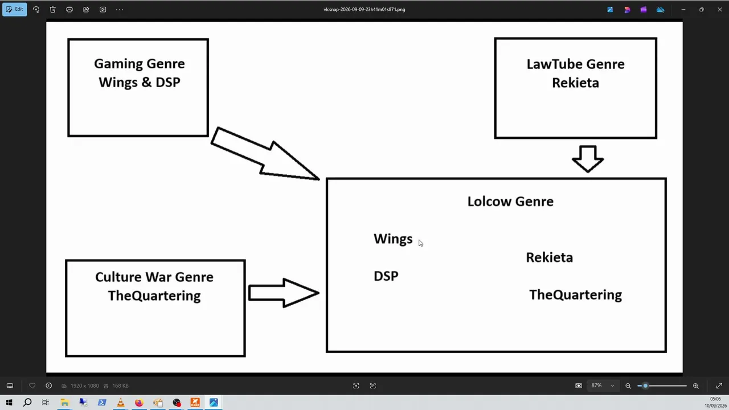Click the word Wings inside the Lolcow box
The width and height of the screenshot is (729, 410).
[393, 239]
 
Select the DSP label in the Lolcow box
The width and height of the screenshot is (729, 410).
[386, 276]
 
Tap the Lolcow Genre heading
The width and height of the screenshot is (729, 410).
[510, 202]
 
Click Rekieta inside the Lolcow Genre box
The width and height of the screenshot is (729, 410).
[550, 257]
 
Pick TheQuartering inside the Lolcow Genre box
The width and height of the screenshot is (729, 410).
[575, 295]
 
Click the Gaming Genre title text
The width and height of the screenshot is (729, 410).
[140, 64]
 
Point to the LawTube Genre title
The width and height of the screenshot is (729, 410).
[575, 64]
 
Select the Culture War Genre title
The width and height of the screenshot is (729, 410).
[154, 277]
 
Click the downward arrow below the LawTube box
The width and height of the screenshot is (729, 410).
[588, 159]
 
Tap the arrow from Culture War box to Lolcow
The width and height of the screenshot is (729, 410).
[284, 293]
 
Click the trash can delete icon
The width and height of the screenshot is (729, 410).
[53, 10]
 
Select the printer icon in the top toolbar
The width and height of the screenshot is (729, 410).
[69, 10]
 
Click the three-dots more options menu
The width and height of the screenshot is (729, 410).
[120, 10]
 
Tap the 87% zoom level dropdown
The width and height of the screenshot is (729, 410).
[603, 386]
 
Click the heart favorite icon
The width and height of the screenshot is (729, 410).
[32, 386]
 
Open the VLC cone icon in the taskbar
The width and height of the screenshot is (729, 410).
[120, 403]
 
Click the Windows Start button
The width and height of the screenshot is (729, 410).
[9, 403]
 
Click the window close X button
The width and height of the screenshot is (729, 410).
[719, 10]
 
